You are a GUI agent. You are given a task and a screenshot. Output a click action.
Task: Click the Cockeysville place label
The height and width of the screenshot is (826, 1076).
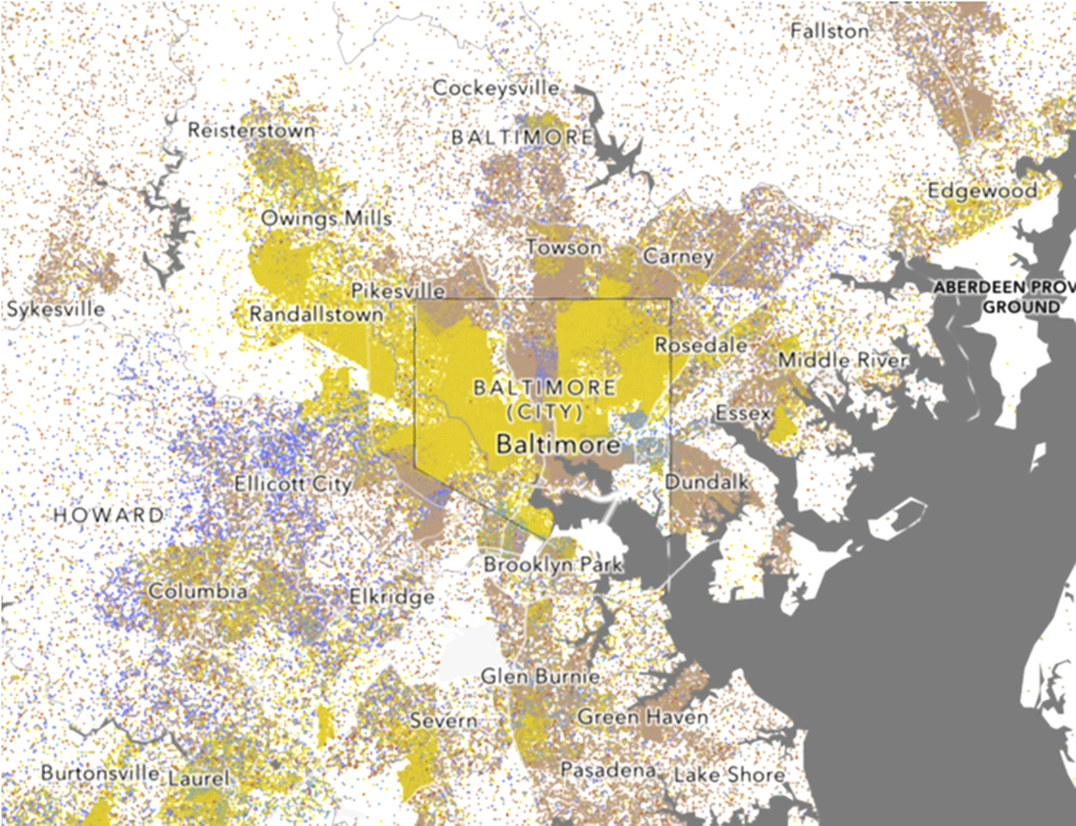pyautogui.click(x=495, y=88)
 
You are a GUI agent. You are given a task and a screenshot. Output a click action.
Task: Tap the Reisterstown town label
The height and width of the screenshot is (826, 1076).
pyautogui.click(x=251, y=130)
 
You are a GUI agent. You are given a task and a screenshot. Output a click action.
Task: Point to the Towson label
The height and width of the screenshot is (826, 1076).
pyautogui.click(x=563, y=247)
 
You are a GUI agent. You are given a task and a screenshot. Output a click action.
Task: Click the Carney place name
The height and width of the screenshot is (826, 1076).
pyautogui.click(x=678, y=256)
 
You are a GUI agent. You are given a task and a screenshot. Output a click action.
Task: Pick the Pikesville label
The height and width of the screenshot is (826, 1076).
pyautogui.click(x=398, y=291)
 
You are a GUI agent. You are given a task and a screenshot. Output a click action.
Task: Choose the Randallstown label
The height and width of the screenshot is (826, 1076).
pyautogui.click(x=316, y=315)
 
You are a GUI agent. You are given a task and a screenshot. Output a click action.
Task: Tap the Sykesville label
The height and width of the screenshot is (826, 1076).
pyautogui.click(x=55, y=309)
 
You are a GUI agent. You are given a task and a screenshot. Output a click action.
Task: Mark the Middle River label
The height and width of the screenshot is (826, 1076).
pyautogui.click(x=842, y=360)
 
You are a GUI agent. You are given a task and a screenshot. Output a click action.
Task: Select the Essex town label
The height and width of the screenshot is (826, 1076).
pyautogui.click(x=742, y=414)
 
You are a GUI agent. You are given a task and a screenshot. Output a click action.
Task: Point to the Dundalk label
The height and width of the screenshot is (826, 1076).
pyautogui.click(x=706, y=482)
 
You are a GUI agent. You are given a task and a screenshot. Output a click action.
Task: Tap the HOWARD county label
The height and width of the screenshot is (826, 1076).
pyautogui.click(x=108, y=515)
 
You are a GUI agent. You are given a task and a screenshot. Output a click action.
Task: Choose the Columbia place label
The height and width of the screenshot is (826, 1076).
pyautogui.click(x=198, y=592)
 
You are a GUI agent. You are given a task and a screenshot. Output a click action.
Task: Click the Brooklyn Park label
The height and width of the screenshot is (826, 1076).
pyautogui.click(x=551, y=566)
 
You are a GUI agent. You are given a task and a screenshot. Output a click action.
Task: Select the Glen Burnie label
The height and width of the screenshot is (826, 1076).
pyautogui.click(x=541, y=676)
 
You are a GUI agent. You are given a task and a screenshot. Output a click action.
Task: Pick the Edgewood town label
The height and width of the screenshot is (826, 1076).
pyautogui.click(x=983, y=190)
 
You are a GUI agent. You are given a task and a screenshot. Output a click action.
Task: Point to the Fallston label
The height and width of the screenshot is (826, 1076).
pyautogui.click(x=829, y=30)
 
